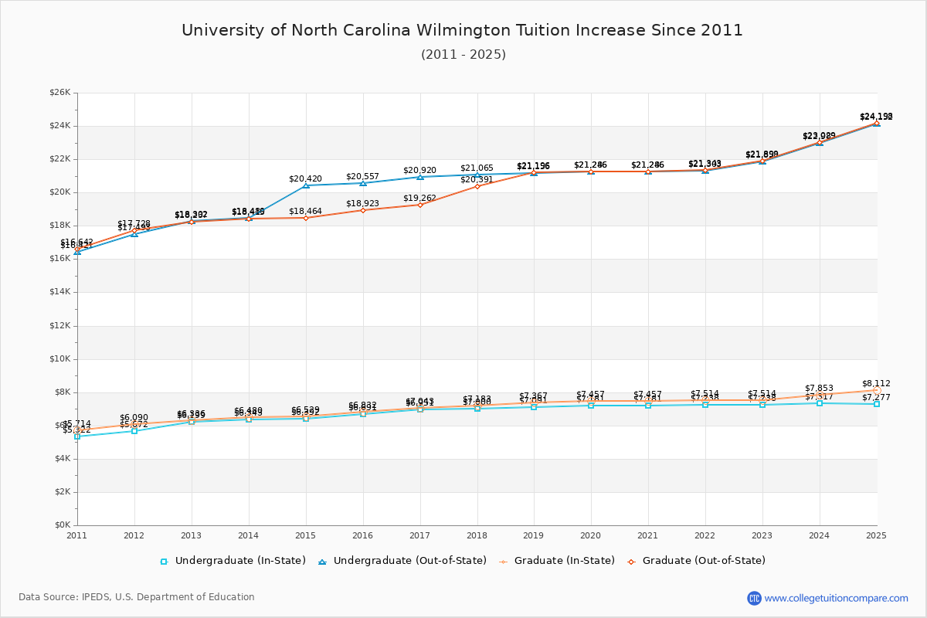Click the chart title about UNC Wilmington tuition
pos(462,30)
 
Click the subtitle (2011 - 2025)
pos(463,55)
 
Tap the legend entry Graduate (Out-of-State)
pos(703,561)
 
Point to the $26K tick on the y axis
pos(60,93)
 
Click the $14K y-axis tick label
pos(60,292)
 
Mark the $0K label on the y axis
pos(63,525)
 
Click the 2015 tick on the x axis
pos(306,535)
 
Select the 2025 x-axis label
pos(877,535)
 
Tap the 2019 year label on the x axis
pos(534,535)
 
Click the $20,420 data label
pos(305,178)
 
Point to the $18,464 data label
pos(305,211)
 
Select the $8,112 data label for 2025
pos(876,383)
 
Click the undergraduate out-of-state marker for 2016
pos(363,183)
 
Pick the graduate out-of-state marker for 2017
pos(420,205)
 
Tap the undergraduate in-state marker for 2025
pos(877,404)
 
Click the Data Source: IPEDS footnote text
pos(137,597)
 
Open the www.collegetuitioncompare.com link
pos(836,598)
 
